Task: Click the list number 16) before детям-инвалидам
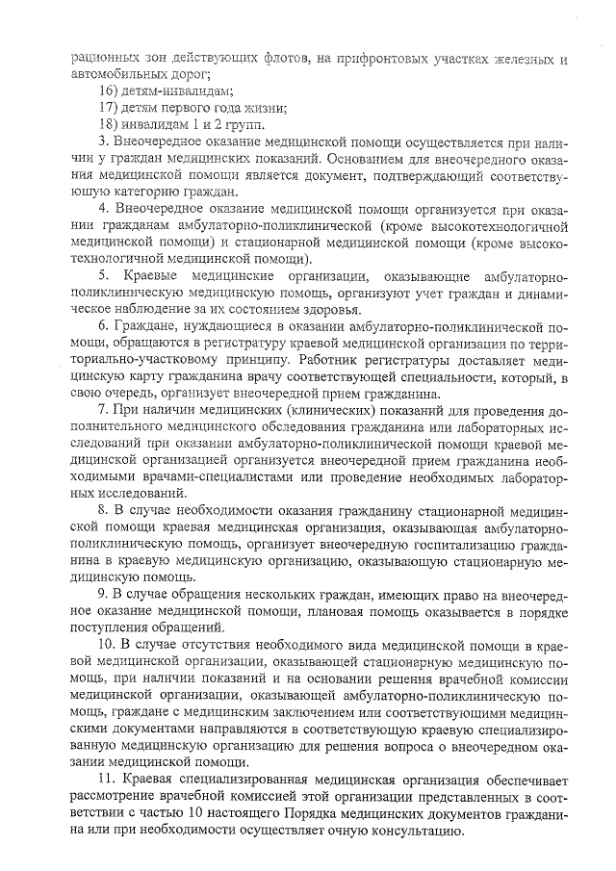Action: [x=110, y=90]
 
